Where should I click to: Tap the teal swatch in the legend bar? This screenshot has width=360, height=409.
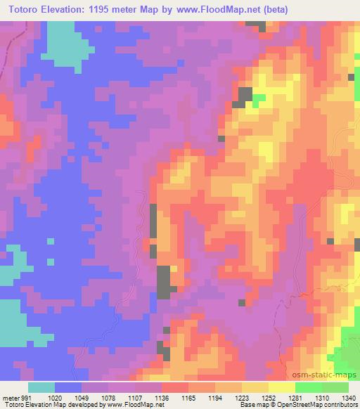pos(42,387)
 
